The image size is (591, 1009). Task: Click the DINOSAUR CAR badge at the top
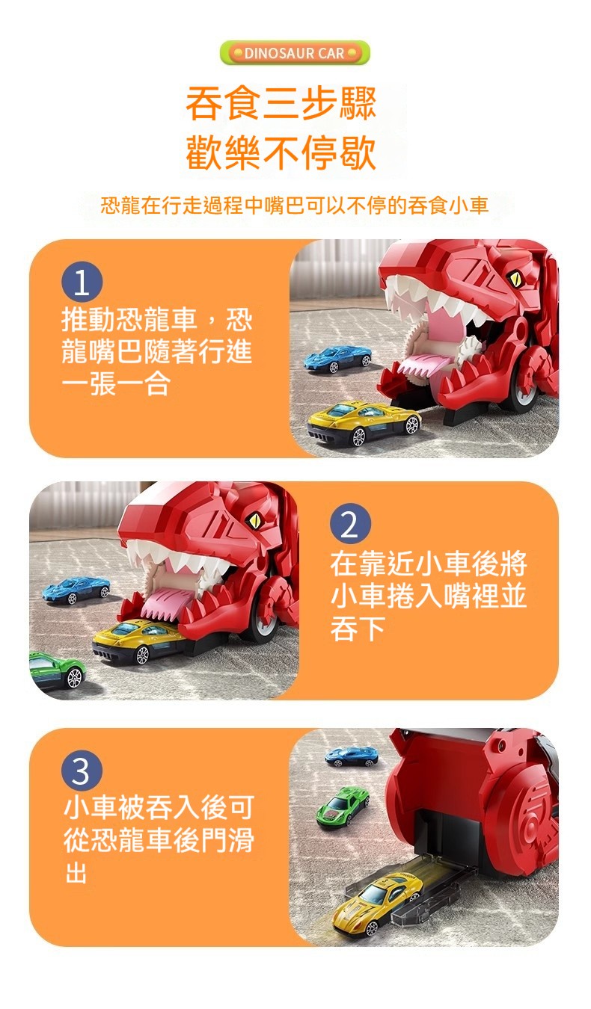295,53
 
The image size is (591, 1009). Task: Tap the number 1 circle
82,282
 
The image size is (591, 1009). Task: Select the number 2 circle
350,525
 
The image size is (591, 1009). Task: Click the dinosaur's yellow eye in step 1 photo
513,278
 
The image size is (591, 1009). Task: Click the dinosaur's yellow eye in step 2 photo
254,520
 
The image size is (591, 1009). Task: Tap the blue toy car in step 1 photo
337,359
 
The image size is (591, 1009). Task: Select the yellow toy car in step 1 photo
364,422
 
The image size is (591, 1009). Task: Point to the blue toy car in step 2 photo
76,590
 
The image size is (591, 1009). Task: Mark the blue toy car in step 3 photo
352,756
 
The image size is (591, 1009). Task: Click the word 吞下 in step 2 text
358,628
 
